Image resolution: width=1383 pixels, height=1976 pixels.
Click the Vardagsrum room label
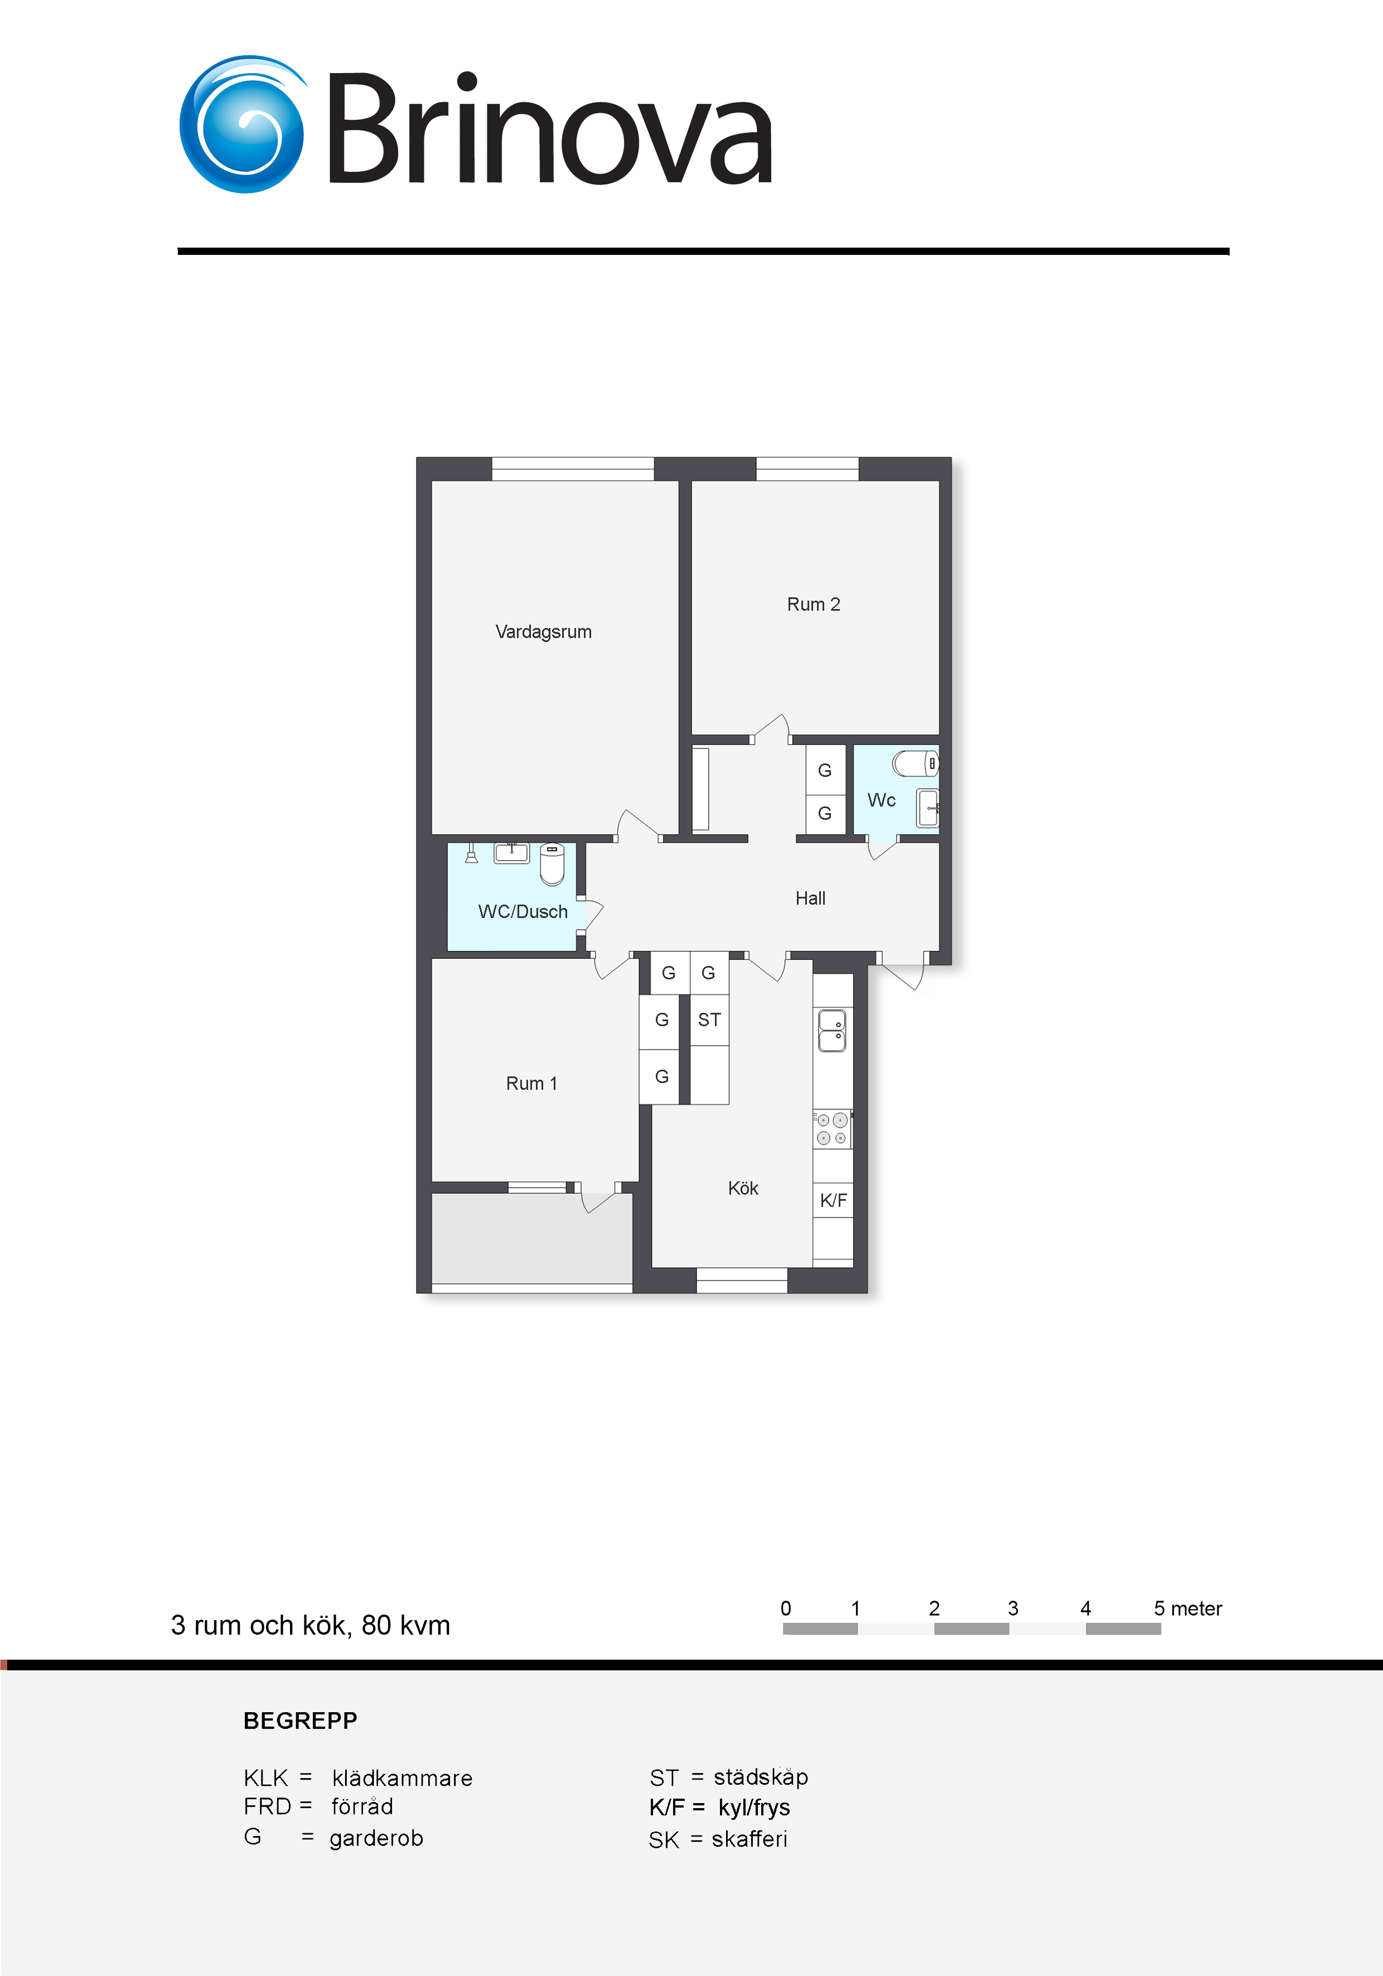coord(543,632)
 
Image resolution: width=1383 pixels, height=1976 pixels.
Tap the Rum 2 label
coord(813,604)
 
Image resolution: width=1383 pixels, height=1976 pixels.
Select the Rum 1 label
coord(531,1084)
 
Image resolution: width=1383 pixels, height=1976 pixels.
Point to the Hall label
coord(810,898)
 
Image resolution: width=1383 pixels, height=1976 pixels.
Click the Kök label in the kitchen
coord(743,1188)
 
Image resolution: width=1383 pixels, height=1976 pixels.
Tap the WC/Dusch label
coord(523,911)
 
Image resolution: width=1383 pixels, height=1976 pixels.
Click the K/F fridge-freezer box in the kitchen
coord(833,1201)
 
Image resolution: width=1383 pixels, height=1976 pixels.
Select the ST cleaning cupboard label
coord(709,1020)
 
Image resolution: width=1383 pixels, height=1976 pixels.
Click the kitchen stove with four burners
coord(832,1129)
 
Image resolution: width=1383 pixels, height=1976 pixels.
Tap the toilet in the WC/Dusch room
coord(552,864)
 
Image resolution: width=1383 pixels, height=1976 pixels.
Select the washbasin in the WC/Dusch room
coord(511,853)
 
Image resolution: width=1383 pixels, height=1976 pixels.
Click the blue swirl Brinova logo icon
coord(243,125)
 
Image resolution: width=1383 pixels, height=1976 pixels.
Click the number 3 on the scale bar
coord(1013,1608)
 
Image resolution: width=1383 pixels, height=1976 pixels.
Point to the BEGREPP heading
coord(301,1721)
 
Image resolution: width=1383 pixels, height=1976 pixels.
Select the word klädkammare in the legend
coord(402,1778)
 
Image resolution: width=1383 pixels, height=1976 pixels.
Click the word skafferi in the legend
coord(749,1839)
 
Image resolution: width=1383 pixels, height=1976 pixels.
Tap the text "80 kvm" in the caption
coord(405,1625)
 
